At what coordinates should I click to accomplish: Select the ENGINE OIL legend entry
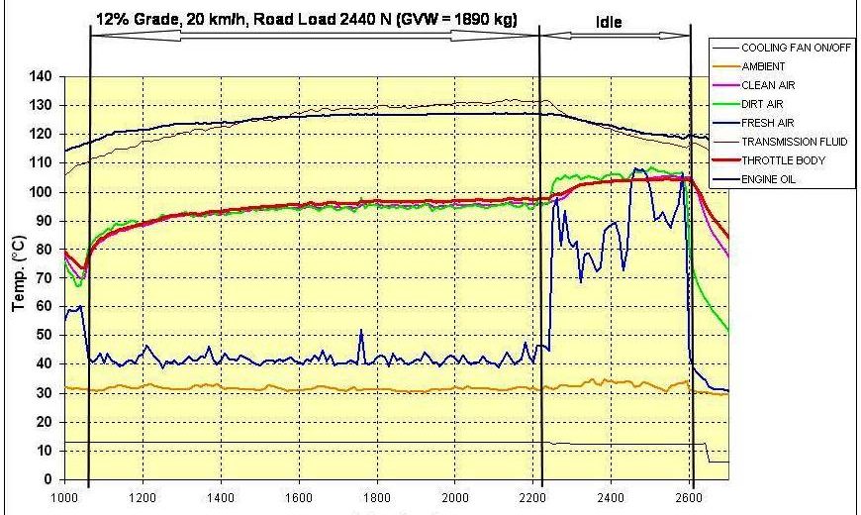770,180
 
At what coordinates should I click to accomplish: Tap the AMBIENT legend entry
763,66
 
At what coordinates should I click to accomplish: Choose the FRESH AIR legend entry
768,124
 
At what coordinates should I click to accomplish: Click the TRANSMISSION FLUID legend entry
791,143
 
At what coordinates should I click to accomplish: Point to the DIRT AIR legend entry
765,105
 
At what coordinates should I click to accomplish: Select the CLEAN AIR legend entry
768,85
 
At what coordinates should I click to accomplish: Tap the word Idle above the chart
610,21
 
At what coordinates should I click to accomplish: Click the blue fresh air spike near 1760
362,333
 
